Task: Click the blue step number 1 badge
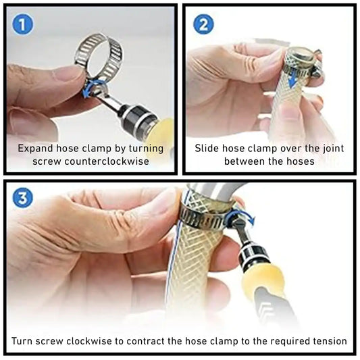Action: coord(22,24)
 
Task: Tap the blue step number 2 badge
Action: coord(203,24)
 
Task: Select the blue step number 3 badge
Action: coord(22,197)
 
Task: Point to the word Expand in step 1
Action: coord(35,149)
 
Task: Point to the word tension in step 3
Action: coord(330,341)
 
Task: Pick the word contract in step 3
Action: coord(145,341)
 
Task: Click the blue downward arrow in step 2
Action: coord(292,79)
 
